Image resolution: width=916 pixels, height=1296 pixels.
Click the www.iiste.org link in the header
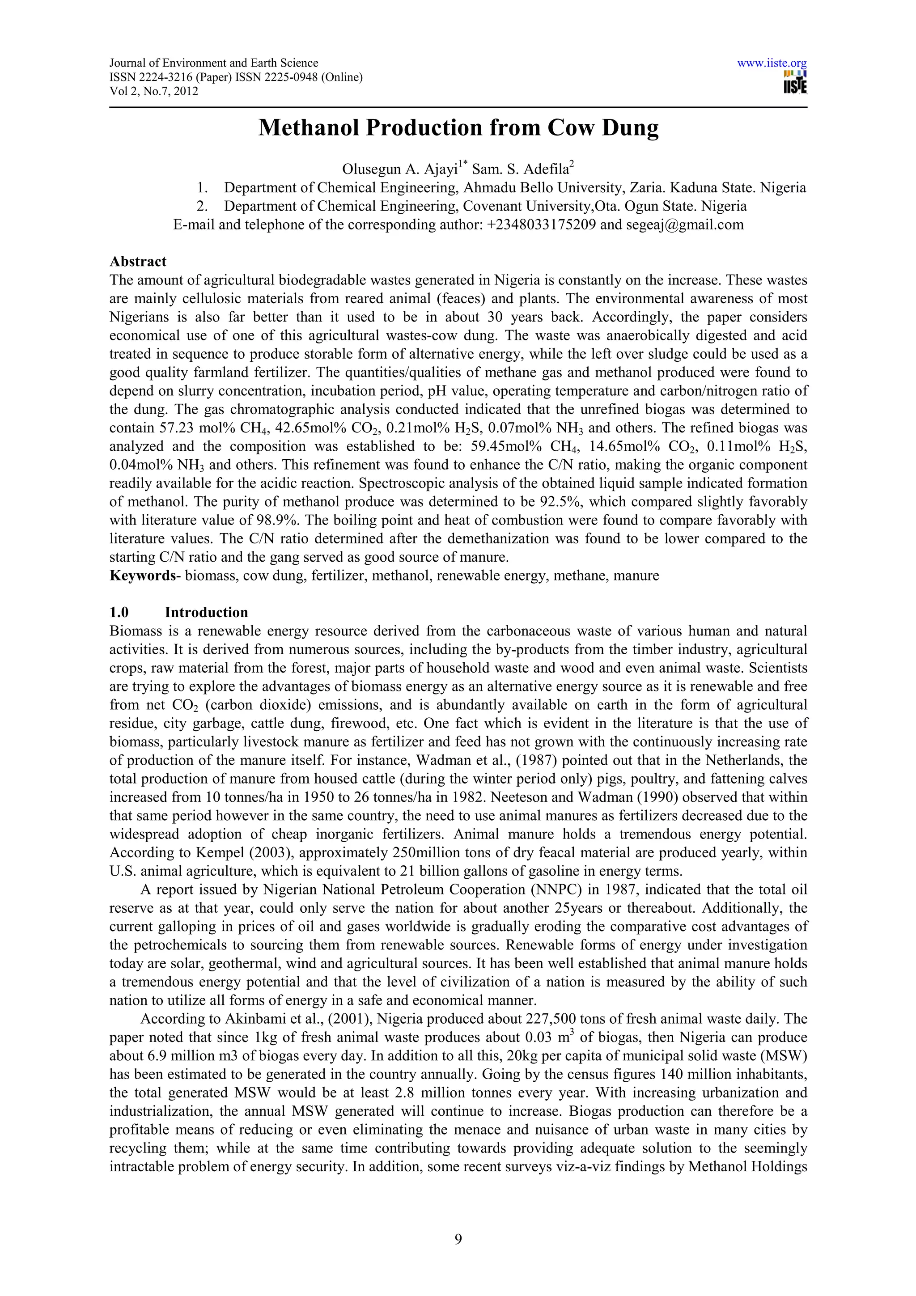coord(772,63)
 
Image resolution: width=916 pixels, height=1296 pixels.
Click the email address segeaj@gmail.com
coord(685,224)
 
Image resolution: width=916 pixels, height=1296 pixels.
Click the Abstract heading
coord(138,261)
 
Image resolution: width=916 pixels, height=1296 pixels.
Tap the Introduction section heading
coord(206,612)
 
